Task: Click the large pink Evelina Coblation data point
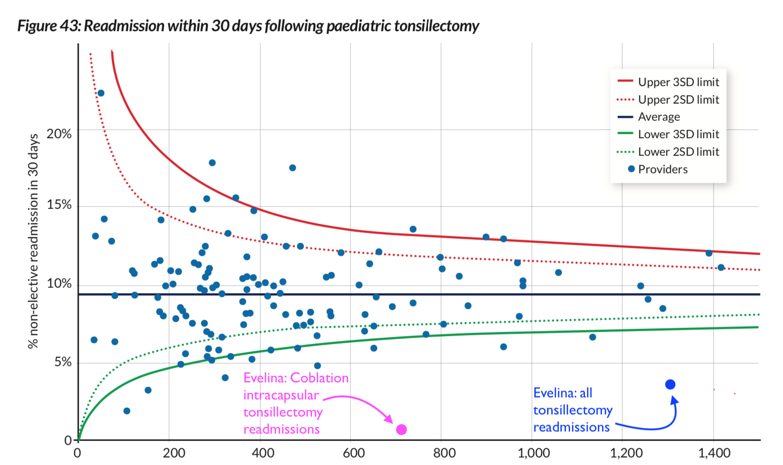[x=401, y=429]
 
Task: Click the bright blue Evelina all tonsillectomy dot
[x=670, y=384]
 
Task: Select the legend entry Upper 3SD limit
[x=678, y=82]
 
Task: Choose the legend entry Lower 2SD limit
[x=678, y=152]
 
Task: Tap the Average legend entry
[x=659, y=117]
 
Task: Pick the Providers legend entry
[x=663, y=169]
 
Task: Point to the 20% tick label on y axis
[x=59, y=134]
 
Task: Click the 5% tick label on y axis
[x=63, y=362]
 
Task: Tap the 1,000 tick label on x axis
[x=533, y=453]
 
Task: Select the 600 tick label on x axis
[x=353, y=453]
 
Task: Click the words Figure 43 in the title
[x=49, y=26]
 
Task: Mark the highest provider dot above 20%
[x=101, y=93]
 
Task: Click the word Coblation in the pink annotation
[x=319, y=378]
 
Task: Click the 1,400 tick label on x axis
[x=714, y=453]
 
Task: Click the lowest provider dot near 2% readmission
[x=126, y=411]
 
